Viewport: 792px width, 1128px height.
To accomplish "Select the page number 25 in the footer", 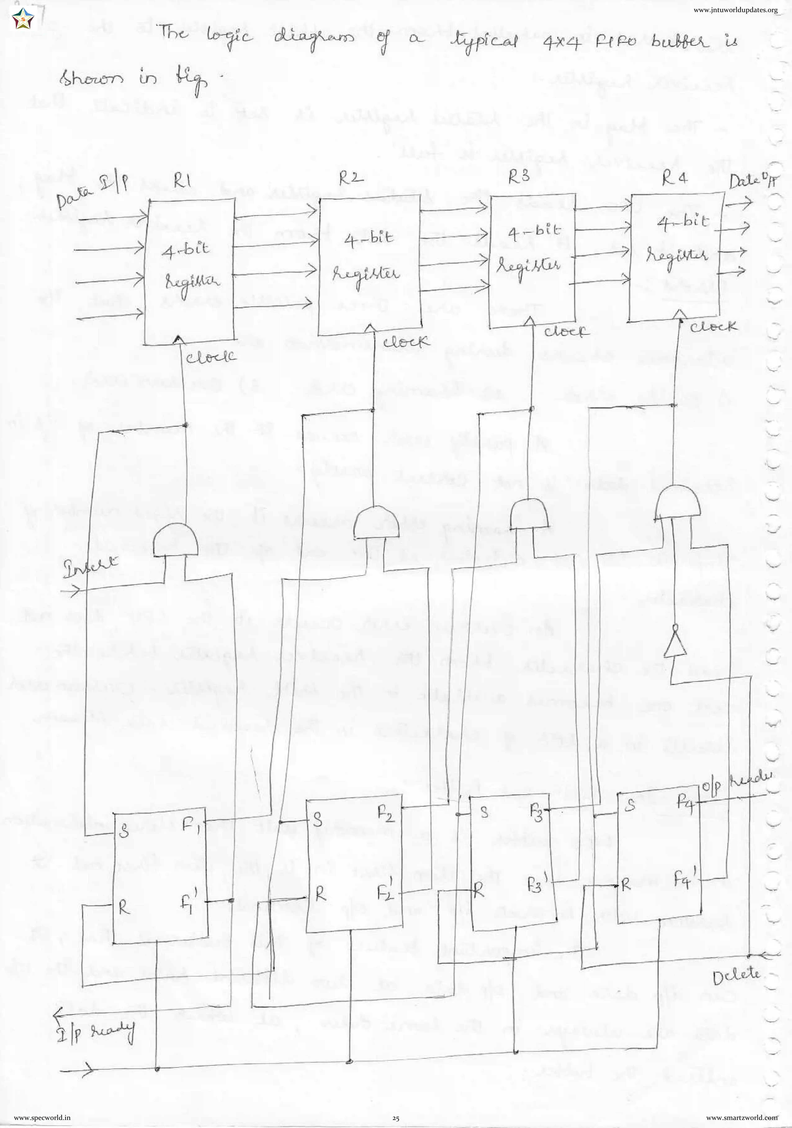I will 396,1118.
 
